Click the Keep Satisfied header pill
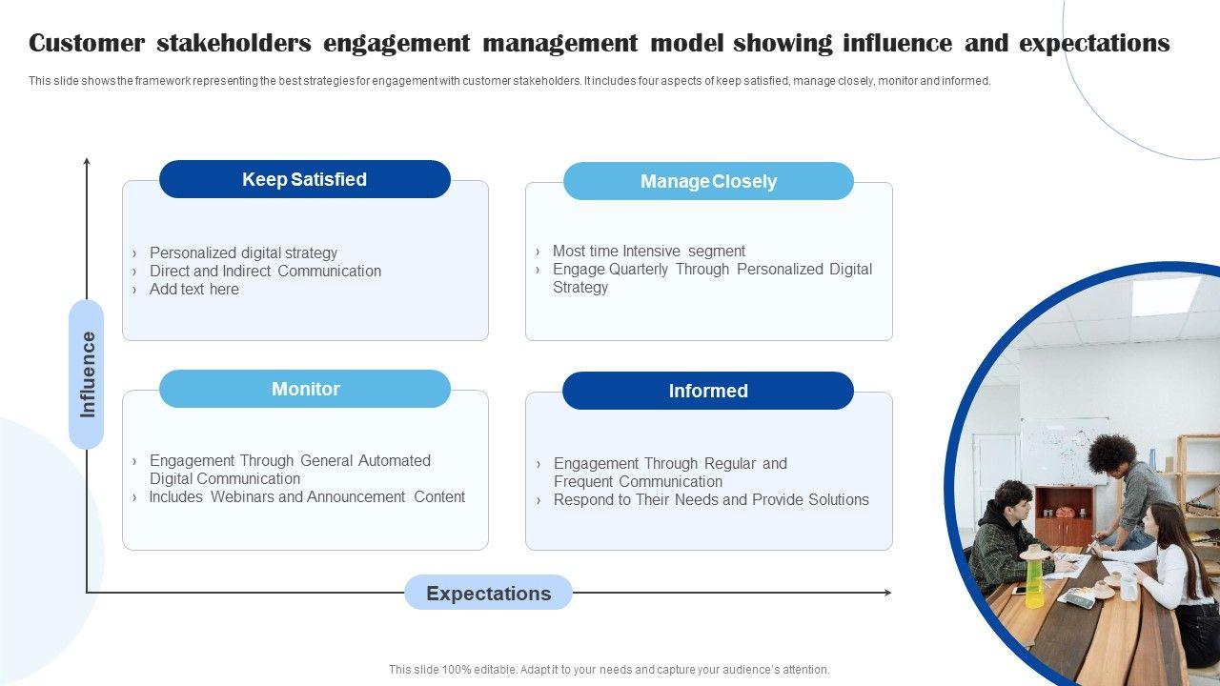(304, 179)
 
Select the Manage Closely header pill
(708, 181)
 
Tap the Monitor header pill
(305, 389)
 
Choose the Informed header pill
(708, 391)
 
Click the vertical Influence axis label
(87, 374)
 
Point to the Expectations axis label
(488, 593)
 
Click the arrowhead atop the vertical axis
(87, 163)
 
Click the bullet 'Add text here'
(193, 289)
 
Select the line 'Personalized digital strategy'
(243, 252)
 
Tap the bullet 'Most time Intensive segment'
(648, 251)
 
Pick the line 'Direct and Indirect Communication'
(265, 271)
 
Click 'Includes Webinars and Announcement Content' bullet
(307, 496)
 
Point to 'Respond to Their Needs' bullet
(711, 499)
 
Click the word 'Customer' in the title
(87, 44)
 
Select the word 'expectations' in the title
(1094, 44)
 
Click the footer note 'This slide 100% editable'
(609, 670)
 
